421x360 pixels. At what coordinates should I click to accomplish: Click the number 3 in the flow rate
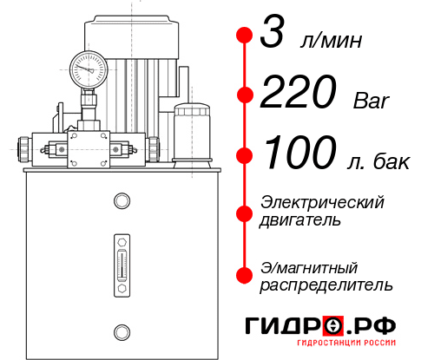[x=275, y=36]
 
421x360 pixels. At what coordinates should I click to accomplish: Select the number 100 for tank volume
[x=298, y=154]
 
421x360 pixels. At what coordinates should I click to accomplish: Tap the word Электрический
[x=322, y=202]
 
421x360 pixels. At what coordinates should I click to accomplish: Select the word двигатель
[x=300, y=220]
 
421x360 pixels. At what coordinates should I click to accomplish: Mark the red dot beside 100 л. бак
[x=244, y=154]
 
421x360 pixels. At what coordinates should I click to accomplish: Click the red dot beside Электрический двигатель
[x=244, y=211]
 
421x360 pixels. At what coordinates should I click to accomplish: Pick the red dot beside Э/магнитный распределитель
[x=244, y=274]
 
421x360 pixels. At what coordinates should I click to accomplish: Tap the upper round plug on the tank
[x=121, y=202]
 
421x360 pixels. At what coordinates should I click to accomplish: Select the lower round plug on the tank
[x=121, y=331]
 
